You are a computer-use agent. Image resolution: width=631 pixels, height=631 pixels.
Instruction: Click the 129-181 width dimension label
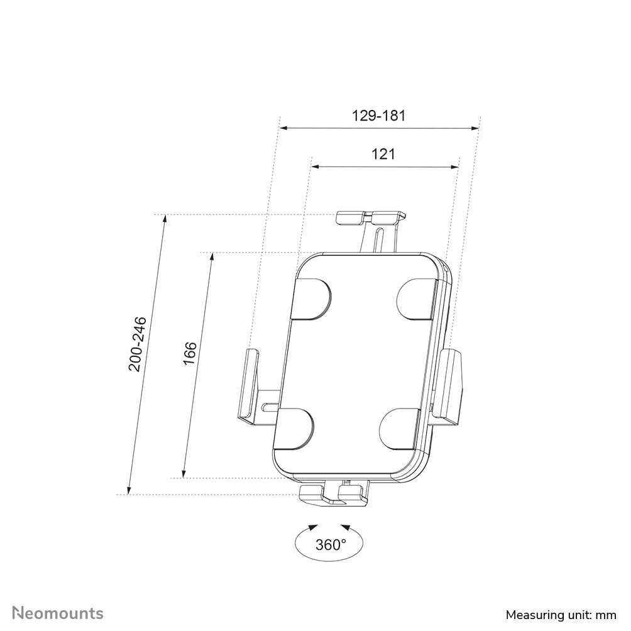[x=378, y=116]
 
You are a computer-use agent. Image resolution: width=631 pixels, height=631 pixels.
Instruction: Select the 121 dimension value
[x=383, y=154]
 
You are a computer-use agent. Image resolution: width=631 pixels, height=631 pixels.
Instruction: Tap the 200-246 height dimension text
[x=138, y=344]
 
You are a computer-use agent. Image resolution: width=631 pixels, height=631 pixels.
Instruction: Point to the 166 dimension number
[x=190, y=353]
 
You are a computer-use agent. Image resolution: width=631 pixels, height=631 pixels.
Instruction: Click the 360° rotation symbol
[x=331, y=544]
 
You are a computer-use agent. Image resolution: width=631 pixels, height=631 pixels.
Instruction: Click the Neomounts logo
[x=58, y=613]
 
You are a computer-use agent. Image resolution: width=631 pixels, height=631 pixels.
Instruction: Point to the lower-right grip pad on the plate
[x=400, y=427]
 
